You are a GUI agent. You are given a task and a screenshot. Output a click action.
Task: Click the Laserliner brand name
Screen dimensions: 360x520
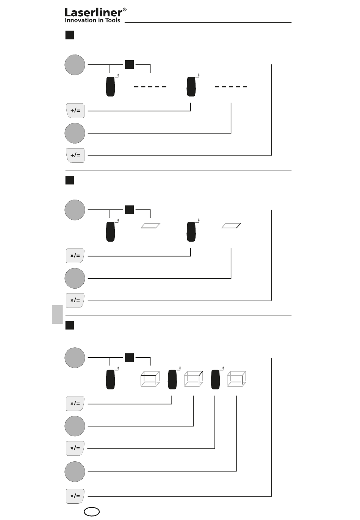point(93,12)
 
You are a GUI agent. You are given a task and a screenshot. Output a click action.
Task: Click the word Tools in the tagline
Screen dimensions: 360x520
point(113,20)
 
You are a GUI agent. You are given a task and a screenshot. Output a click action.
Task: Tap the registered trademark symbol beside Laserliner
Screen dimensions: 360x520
point(125,10)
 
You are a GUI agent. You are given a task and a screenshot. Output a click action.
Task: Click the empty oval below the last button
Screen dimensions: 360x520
point(91,511)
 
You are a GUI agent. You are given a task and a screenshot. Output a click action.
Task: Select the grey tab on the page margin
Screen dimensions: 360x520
point(57,314)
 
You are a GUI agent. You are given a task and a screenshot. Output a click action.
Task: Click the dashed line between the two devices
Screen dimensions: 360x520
point(150,87)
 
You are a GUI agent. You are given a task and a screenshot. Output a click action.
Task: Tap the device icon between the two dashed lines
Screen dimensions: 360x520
point(191,87)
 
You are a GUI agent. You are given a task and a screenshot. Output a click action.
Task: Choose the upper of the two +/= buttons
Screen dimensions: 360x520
point(75,111)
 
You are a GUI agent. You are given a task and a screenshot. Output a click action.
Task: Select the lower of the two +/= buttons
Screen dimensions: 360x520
point(75,155)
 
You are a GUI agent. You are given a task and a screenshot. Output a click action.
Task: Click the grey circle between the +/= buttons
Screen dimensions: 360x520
point(75,133)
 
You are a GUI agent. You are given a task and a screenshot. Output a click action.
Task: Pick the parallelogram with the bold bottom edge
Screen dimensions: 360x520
point(150,226)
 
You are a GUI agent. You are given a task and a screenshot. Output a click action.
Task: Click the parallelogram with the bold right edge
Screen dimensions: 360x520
point(231,226)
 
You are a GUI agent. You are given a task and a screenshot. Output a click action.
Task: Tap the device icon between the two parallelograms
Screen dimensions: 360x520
point(191,232)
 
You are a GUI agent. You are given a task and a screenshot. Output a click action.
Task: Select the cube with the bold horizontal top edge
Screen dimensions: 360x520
point(150,379)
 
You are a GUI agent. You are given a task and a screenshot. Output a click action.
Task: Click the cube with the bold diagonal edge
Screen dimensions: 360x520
point(194,379)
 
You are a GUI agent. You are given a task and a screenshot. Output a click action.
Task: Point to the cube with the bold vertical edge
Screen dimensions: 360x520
point(236,379)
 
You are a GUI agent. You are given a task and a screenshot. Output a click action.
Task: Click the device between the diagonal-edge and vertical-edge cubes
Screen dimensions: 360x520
point(215,379)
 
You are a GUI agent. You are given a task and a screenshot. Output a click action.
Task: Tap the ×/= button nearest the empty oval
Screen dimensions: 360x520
point(75,496)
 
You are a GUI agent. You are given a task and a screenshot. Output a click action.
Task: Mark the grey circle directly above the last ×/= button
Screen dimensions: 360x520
point(75,472)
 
